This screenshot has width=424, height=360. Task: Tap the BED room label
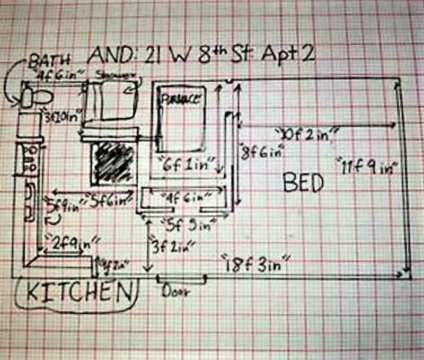click(x=303, y=183)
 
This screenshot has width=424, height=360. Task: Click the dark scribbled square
click(x=112, y=162)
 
